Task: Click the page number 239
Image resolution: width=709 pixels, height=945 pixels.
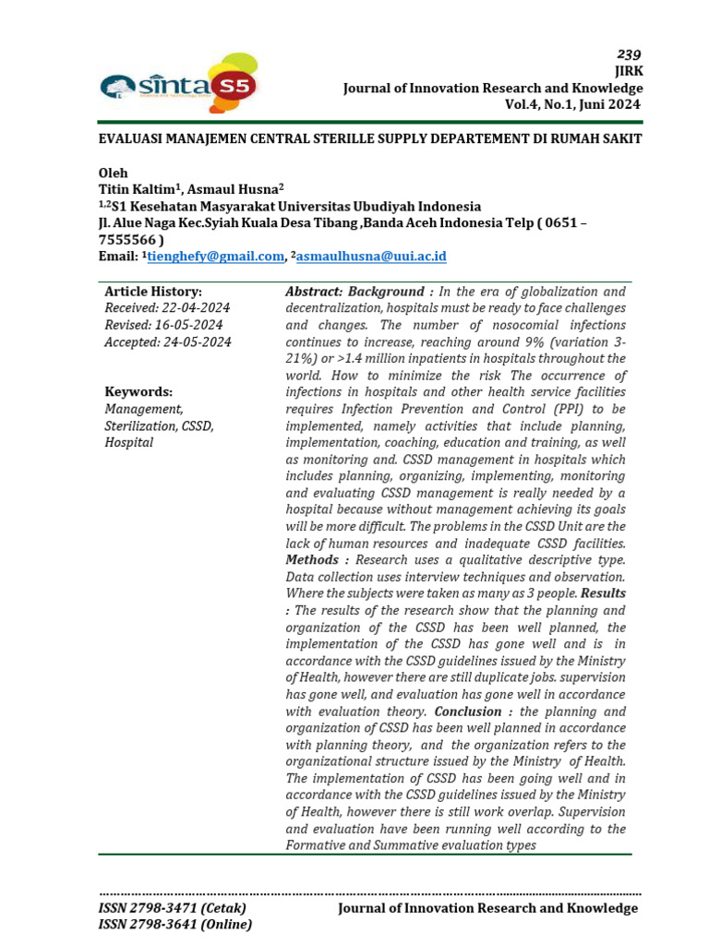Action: coord(630,54)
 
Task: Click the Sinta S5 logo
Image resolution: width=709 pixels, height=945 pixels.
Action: coord(179,82)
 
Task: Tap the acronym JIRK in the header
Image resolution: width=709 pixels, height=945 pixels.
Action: coord(628,71)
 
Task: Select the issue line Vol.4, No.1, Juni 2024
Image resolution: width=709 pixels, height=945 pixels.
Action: coord(572,104)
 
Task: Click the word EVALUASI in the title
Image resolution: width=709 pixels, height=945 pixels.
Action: coord(135,138)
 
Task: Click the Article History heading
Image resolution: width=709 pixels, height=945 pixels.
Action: coord(153,292)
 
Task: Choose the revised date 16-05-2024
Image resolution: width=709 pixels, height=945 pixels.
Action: coord(190,325)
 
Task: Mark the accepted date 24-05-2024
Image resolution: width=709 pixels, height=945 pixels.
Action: coord(197,341)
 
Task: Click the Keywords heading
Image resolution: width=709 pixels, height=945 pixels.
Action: coord(138,391)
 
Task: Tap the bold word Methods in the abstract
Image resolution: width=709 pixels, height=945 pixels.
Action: coord(312,560)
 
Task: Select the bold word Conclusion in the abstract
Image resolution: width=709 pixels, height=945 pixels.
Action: coord(467,712)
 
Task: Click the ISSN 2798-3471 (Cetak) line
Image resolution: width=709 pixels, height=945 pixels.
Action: coord(173,908)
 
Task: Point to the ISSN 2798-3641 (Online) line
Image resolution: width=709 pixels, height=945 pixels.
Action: coord(175,925)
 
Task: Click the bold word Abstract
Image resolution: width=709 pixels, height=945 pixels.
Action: coord(315,292)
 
